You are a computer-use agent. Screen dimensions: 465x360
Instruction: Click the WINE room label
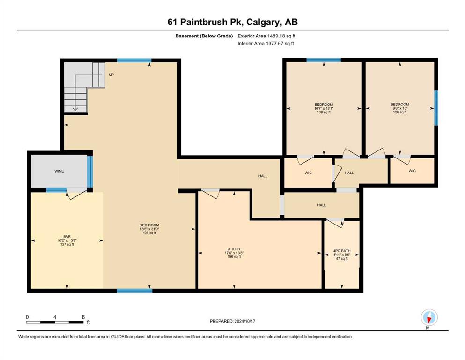(x=59, y=171)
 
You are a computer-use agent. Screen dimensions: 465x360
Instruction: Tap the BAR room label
(x=66, y=237)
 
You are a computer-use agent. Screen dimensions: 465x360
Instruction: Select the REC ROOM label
(x=149, y=225)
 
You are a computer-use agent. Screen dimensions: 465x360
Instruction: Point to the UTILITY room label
(x=234, y=249)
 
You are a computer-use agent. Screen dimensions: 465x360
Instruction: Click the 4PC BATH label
(x=342, y=251)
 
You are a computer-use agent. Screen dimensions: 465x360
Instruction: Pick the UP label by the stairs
(x=111, y=75)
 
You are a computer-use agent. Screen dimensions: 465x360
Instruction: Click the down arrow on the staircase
(x=75, y=109)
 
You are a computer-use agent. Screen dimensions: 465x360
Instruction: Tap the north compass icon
(x=429, y=317)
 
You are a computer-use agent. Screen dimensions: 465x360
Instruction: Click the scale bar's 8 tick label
(x=83, y=317)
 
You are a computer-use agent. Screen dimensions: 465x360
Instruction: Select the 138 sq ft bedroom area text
(x=324, y=112)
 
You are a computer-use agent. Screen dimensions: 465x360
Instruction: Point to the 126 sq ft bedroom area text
(x=399, y=112)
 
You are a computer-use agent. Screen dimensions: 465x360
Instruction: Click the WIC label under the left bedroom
(x=308, y=172)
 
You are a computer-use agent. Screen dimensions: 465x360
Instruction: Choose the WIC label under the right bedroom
(x=412, y=171)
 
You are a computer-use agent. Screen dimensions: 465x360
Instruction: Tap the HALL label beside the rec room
(x=263, y=176)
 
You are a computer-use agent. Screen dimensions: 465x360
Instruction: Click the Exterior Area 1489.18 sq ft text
(x=266, y=36)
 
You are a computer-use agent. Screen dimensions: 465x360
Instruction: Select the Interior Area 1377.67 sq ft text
(x=266, y=43)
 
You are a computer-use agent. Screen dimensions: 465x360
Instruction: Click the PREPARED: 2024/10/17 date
(x=232, y=321)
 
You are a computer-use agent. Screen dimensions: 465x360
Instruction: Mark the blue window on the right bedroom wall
(x=436, y=108)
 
